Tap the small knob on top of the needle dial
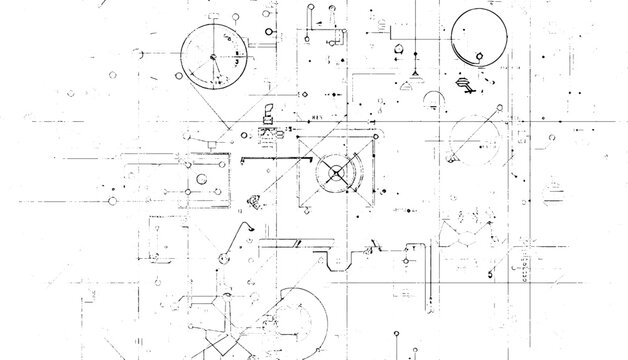click(210, 19)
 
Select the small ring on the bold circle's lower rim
click(482, 56)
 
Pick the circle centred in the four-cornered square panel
click(203, 179)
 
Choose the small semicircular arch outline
click(434, 101)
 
